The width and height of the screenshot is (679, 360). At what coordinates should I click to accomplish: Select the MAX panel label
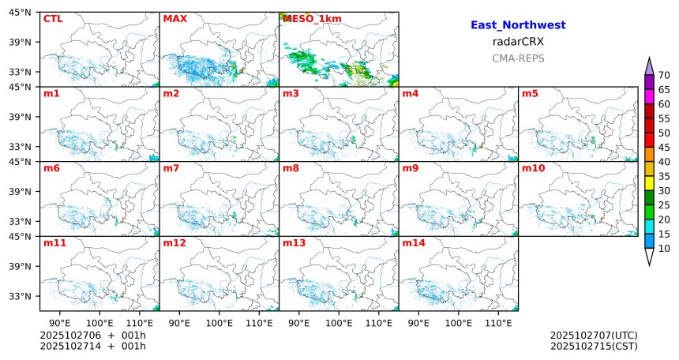click(x=174, y=18)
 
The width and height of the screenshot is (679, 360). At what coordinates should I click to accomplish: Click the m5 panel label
click(x=530, y=94)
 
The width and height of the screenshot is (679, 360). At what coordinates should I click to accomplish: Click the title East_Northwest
click(x=518, y=25)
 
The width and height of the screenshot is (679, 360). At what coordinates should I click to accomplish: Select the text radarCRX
click(x=518, y=42)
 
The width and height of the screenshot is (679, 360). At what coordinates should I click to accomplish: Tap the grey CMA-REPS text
click(x=518, y=58)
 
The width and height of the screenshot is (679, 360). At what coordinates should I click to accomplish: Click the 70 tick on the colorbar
click(x=665, y=75)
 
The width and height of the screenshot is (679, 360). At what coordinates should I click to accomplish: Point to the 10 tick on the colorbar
click(x=665, y=249)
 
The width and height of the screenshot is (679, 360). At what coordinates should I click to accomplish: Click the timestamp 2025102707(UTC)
click(x=594, y=336)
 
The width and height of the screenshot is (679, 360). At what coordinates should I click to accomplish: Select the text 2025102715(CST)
click(x=594, y=346)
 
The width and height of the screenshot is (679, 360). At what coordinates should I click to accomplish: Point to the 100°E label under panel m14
click(x=459, y=322)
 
